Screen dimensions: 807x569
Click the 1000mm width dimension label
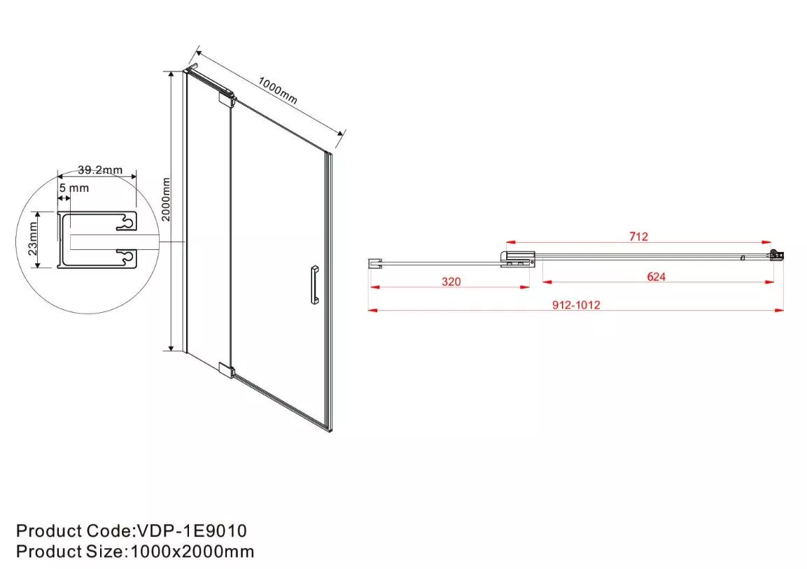(278, 90)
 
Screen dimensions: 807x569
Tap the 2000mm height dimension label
(166, 199)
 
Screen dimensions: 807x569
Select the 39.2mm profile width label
(100, 170)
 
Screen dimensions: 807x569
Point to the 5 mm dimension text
(74, 188)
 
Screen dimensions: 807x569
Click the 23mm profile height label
(32, 239)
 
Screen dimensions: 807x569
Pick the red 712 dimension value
(638, 237)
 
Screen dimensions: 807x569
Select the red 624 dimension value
(657, 276)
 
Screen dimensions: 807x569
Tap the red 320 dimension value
(451, 281)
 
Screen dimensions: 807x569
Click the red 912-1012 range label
(576, 305)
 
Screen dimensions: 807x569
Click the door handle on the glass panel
(314, 285)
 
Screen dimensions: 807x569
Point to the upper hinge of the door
(227, 98)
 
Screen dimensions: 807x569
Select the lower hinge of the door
(227, 370)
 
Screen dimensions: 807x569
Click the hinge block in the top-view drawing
(517, 259)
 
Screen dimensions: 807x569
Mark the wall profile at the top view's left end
(374, 263)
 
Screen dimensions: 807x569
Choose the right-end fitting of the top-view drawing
(777, 255)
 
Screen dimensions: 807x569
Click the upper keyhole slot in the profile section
(126, 223)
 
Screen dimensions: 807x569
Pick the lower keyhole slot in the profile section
(126, 258)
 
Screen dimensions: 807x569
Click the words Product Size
(69, 552)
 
